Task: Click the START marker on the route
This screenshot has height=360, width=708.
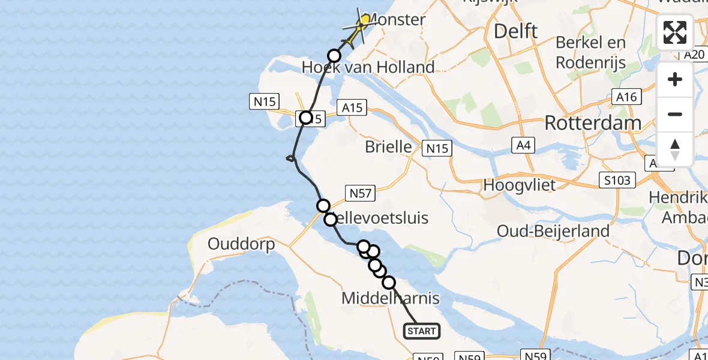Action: click(422, 331)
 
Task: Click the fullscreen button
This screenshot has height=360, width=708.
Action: click(675, 32)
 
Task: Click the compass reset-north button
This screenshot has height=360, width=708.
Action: click(675, 149)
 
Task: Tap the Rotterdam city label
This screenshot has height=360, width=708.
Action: click(592, 123)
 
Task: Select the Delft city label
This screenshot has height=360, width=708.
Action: click(515, 31)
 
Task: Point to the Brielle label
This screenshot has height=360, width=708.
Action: click(388, 147)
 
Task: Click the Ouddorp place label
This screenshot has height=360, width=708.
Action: click(241, 245)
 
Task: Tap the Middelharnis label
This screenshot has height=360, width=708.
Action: click(390, 298)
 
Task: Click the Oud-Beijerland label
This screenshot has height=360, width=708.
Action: click(553, 231)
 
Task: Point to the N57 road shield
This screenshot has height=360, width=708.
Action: click(361, 193)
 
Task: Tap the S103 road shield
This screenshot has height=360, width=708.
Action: click(618, 180)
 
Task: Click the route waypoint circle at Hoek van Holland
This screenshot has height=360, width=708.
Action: click(334, 56)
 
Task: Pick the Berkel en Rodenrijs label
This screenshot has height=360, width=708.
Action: click(590, 52)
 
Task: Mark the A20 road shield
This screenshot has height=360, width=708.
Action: click(694, 55)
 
